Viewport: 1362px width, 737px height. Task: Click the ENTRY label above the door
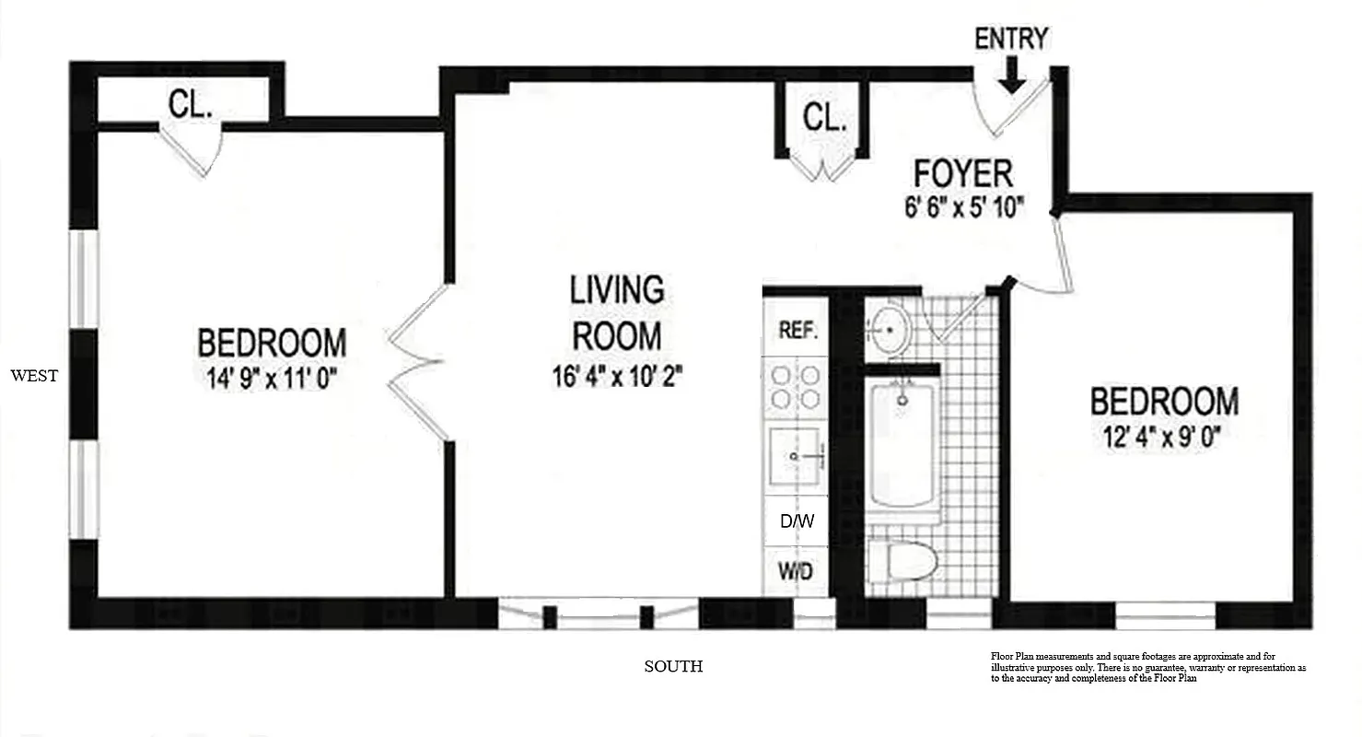point(1011,39)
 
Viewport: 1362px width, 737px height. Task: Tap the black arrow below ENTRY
point(1011,76)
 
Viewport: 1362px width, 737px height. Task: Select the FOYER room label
point(962,173)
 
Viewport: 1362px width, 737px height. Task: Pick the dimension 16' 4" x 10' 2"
point(617,377)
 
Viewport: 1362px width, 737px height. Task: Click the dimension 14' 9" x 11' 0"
point(272,378)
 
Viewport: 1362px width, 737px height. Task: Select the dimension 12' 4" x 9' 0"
point(1164,435)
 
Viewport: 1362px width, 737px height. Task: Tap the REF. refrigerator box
point(797,331)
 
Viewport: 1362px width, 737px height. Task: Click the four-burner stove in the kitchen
point(796,387)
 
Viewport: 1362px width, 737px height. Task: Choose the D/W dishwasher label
point(797,521)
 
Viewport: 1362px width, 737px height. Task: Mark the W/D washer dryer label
point(797,571)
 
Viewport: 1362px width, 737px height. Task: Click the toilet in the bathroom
point(902,559)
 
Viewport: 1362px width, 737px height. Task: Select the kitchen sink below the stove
point(796,455)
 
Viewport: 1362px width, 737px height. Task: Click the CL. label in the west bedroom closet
point(191,105)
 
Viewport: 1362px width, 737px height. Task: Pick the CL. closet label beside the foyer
point(824,118)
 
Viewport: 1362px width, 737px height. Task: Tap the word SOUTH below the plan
point(673,666)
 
